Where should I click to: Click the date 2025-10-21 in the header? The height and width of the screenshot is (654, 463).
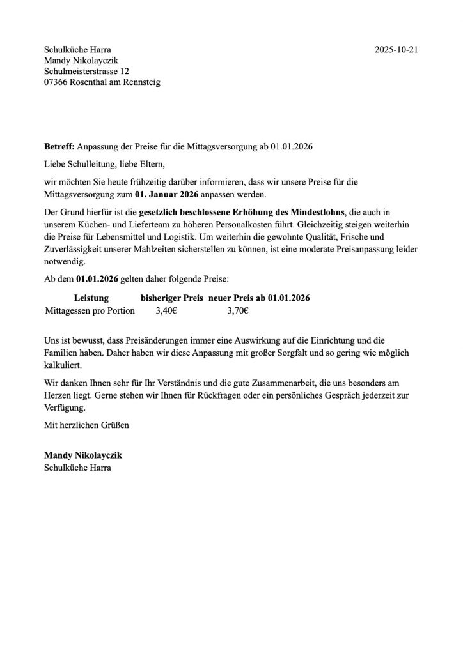pyautogui.click(x=396, y=49)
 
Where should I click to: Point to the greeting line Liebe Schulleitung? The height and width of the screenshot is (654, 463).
pyautogui.click(x=79, y=163)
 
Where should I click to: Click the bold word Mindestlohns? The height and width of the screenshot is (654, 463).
pyautogui.click(x=315, y=211)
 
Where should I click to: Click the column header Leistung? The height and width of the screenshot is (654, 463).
pyautogui.click(x=91, y=298)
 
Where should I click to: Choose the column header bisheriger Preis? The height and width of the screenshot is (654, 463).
pyautogui.click(x=171, y=298)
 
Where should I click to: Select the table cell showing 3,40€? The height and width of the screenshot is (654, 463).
pyautogui.click(x=167, y=311)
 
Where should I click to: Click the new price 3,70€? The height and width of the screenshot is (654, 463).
pyautogui.click(x=238, y=311)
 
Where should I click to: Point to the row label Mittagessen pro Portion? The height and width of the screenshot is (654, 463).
pyautogui.click(x=91, y=311)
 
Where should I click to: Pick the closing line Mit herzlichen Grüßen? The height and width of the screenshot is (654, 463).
pyautogui.click(x=86, y=423)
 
